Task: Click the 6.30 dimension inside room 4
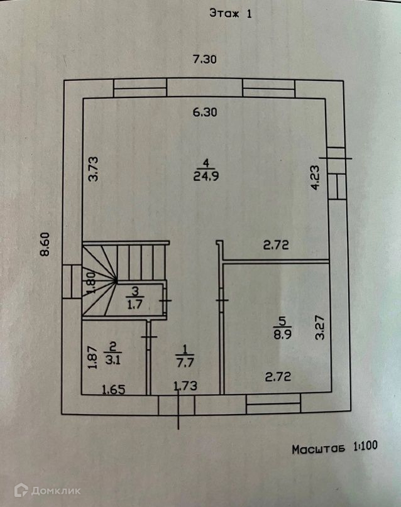pos(204,113)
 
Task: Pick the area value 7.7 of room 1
pos(185,361)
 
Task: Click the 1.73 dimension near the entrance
pos(185,386)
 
